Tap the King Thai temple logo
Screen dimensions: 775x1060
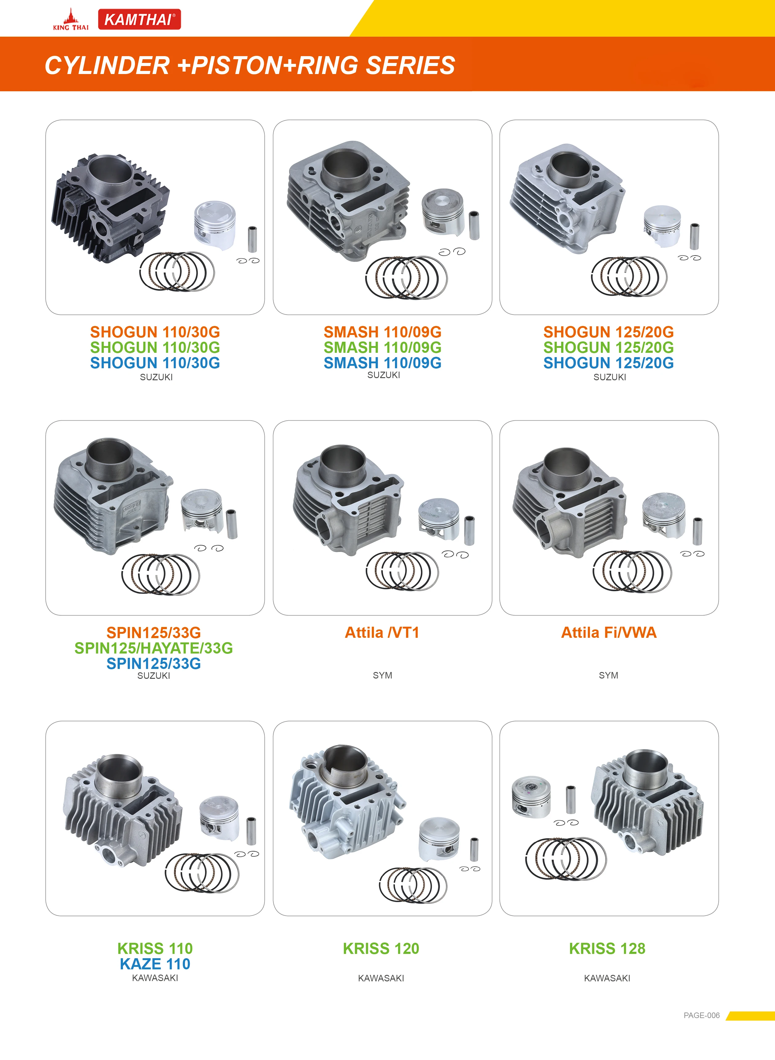(x=70, y=20)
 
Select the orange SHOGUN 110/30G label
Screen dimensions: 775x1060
(x=155, y=332)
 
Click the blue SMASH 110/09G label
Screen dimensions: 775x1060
(x=382, y=363)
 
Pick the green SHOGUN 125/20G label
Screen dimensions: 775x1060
(x=609, y=347)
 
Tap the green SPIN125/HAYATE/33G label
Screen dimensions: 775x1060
(x=154, y=648)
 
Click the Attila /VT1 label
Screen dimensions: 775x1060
(x=382, y=632)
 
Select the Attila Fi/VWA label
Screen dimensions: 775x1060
(x=609, y=632)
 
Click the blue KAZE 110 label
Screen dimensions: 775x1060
(x=155, y=964)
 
